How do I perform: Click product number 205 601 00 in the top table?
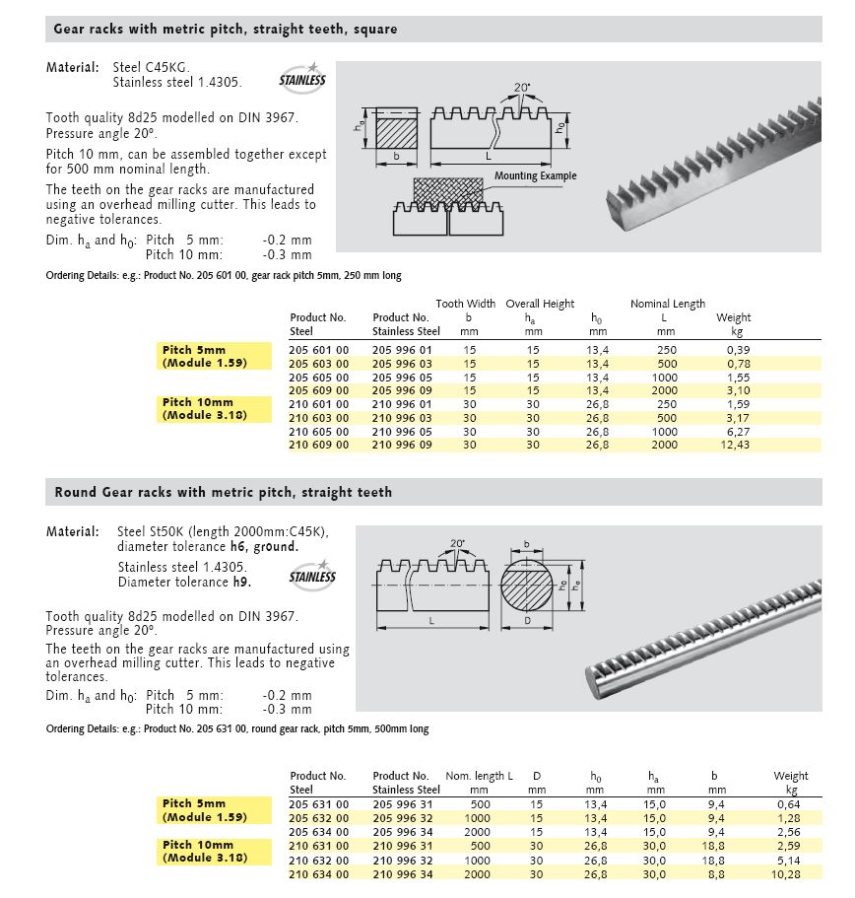click(x=319, y=350)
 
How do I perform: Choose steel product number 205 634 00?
click(x=319, y=831)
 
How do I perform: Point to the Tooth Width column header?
click(x=466, y=304)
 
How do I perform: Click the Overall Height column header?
click(x=540, y=304)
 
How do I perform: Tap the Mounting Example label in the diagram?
click(x=535, y=176)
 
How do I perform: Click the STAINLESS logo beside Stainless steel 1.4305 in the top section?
click(x=301, y=79)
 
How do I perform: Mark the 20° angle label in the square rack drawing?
click(x=521, y=88)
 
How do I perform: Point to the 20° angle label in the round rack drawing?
click(x=455, y=542)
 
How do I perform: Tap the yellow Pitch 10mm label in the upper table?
click(x=199, y=402)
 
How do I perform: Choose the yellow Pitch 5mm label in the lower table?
click(x=194, y=803)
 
